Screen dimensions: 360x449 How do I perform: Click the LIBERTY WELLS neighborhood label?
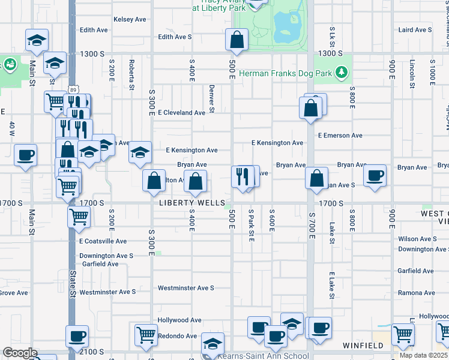click(x=192, y=203)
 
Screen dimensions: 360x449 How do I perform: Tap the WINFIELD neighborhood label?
click(x=363, y=346)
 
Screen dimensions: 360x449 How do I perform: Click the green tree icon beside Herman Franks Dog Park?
click(x=342, y=73)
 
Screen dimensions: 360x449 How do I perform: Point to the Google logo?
click(x=20, y=353)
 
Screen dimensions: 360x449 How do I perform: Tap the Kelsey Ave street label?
click(x=130, y=19)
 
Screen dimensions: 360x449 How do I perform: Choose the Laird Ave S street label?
click(x=415, y=29)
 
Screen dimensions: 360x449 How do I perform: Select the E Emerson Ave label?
click(x=340, y=136)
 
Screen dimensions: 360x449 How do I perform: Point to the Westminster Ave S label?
click(x=186, y=288)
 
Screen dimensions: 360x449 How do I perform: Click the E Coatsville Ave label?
click(x=103, y=241)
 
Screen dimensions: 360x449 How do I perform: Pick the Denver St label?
click(x=212, y=98)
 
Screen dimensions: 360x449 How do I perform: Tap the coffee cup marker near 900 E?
click(x=375, y=176)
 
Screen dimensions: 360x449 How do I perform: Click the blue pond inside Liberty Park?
click(x=286, y=25)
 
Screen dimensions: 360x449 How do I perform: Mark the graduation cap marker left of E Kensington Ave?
click(x=140, y=152)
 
